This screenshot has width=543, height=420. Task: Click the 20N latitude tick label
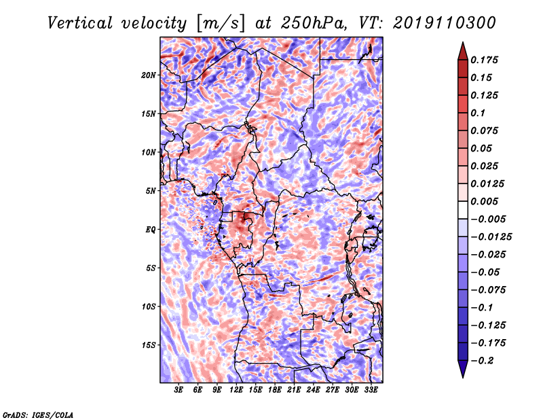coord(149,75)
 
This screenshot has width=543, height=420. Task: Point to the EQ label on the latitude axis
coord(151,230)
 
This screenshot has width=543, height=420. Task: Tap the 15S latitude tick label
coord(149,345)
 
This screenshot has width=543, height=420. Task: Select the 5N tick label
coord(151,191)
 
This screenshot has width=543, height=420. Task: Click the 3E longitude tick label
coord(179,389)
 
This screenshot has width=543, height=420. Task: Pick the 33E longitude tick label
coord(371,389)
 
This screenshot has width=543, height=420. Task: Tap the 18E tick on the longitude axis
coord(275,389)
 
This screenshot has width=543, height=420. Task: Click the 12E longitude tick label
coord(236,389)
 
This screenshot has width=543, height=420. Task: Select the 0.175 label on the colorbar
coord(484,60)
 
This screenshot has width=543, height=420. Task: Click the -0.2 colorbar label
coord(482,361)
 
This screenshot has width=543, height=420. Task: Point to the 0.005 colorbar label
coord(484,201)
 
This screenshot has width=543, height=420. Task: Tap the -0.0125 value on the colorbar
coord(491,237)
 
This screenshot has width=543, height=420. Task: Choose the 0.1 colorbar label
coord(478,113)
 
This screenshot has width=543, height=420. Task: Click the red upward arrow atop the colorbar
coord(463,51)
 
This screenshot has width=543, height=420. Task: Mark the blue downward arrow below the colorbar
coord(463,369)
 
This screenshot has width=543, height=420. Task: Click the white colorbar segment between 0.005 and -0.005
coord(463,210)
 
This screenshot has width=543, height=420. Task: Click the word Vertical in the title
coord(80,23)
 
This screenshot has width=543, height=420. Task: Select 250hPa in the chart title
coord(314,23)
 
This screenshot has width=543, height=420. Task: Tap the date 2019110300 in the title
coord(445,23)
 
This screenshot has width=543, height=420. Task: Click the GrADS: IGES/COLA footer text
coord(38,415)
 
